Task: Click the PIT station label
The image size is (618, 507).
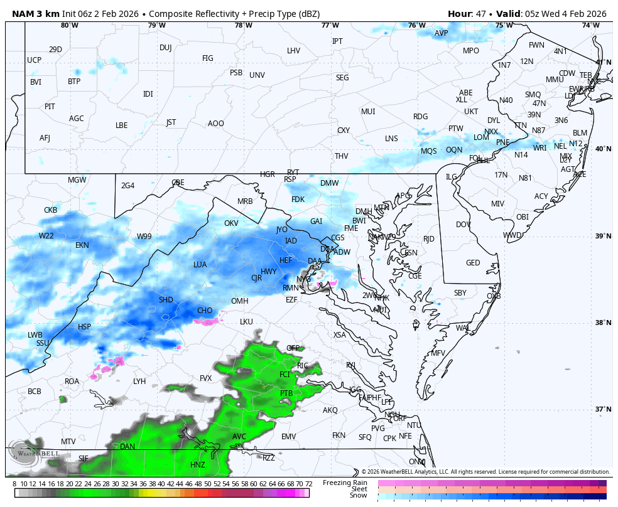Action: [x=50, y=107]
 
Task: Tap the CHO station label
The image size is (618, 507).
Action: [x=205, y=311]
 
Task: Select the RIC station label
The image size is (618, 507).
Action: [x=303, y=365]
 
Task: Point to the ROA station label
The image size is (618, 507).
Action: [x=72, y=381]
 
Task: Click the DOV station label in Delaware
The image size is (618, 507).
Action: [x=463, y=224]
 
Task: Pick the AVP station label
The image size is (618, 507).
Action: [x=442, y=33]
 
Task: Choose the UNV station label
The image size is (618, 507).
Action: [x=257, y=75]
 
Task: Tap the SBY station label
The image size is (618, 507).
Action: [x=460, y=293]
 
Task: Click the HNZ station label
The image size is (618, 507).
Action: [x=197, y=465]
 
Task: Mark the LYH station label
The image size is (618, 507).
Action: [x=139, y=381]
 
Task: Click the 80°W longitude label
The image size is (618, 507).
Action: [x=69, y=25]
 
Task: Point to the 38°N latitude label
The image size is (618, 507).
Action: [x=602, y=323]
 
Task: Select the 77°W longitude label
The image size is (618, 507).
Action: [x=330, y=25]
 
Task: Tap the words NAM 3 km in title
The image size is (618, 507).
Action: [x=35, y=14]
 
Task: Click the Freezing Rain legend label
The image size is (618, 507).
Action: [x=345, y=483]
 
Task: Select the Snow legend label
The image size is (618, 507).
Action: [x=359, y=496]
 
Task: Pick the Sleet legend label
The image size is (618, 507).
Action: [x=359, y=489]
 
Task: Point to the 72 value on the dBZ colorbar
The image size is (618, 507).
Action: [x=308, y=484]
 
